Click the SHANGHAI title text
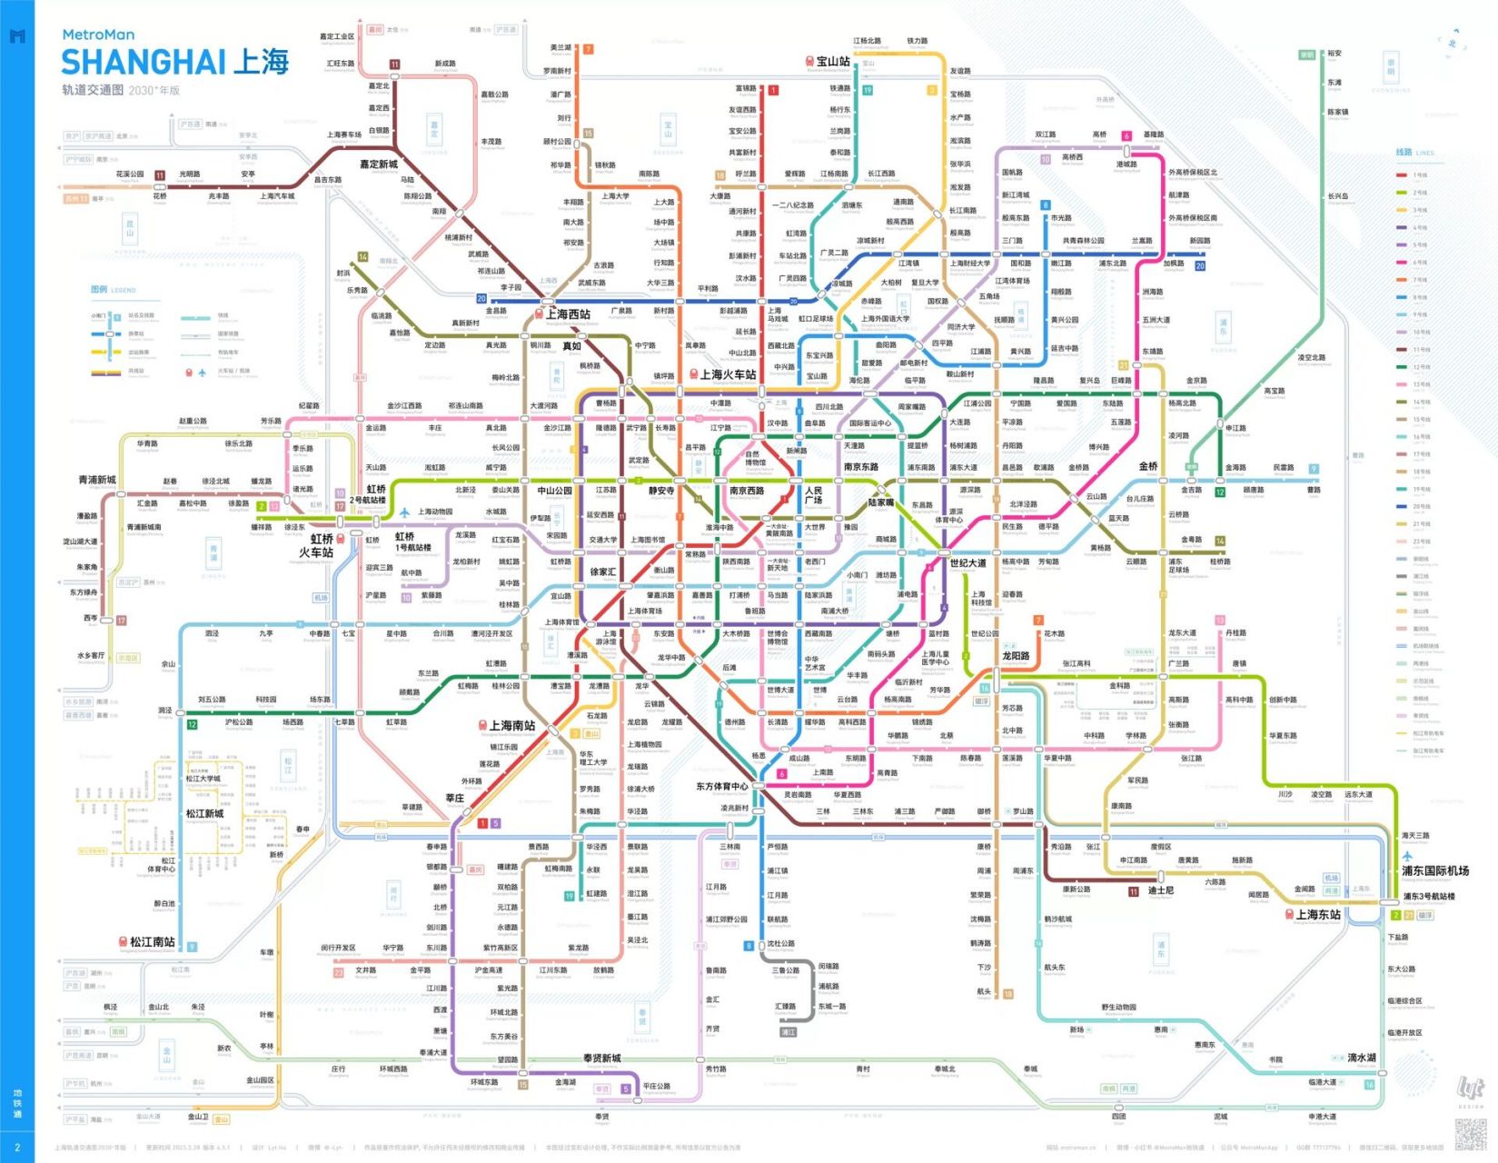[144, 62]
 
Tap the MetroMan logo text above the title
[98, 35]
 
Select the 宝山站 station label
[833, 62]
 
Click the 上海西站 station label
[568, 314]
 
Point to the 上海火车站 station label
[728, 374]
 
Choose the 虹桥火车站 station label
[316, 545]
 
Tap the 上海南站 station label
[512, 725]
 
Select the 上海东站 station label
[1318, 914]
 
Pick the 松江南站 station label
[153, 941]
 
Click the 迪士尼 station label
[1160, 890]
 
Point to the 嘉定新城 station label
[379, 164]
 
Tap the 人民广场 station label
[813, 495]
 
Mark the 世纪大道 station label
[967, 562]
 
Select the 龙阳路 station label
[1016, 655]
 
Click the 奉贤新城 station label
[601, 1058]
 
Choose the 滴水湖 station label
[1361, 1058]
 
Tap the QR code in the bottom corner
[1470, 1133]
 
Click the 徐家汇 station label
[603, 572]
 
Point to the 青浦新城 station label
[97, 480]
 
